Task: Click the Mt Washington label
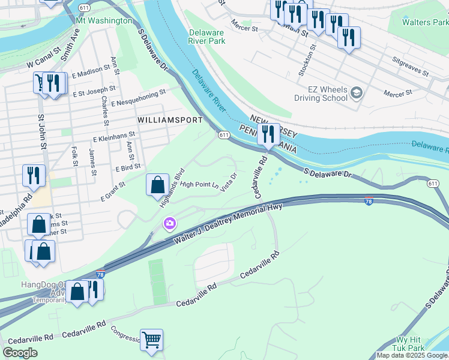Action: click(x=104, y=20)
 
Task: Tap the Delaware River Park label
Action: click(x=206, y=37)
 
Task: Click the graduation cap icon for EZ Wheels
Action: click(x=357, y=92)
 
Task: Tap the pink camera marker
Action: click(x=170, y=224)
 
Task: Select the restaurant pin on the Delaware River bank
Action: click(x=268, y=134)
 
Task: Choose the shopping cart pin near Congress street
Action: click(x=151, y=339)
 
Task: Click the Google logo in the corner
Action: click(x=20, y=353)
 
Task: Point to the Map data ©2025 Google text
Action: click(x=412, y=355)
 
